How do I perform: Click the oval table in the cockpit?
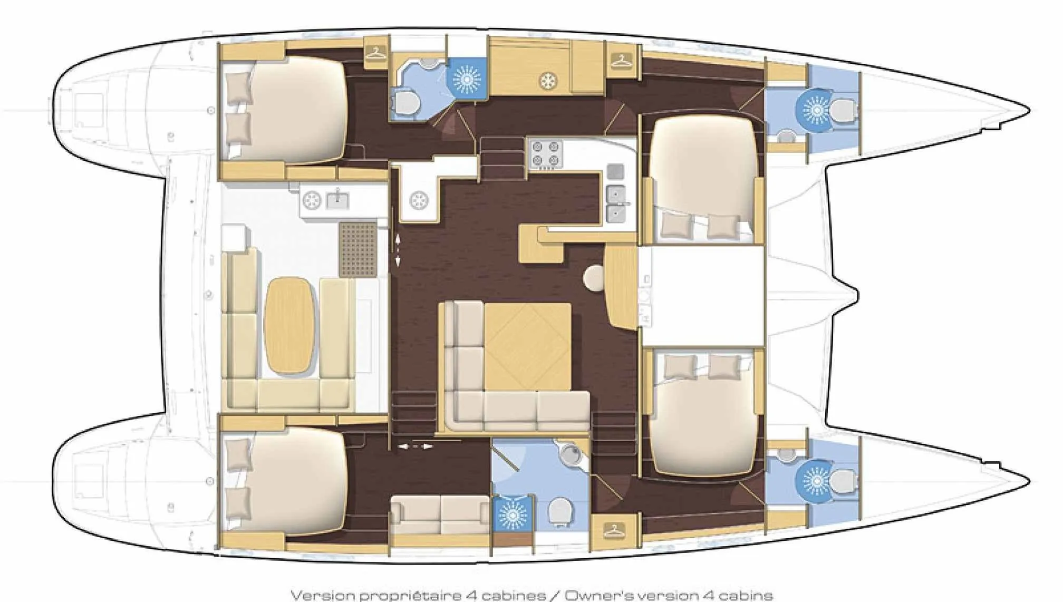pos(291,326)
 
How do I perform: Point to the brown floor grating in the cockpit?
pos(359,249)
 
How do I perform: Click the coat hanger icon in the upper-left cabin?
pos(376,53)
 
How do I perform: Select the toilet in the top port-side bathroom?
pos(406,102)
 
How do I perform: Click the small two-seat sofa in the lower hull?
pos(441,514)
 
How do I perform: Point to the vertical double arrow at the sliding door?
pos(398,250)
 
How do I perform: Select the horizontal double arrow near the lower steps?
pos(415,446)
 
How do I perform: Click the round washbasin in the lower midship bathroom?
pos(569,452)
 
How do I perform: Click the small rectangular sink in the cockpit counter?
pos(337,199)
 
